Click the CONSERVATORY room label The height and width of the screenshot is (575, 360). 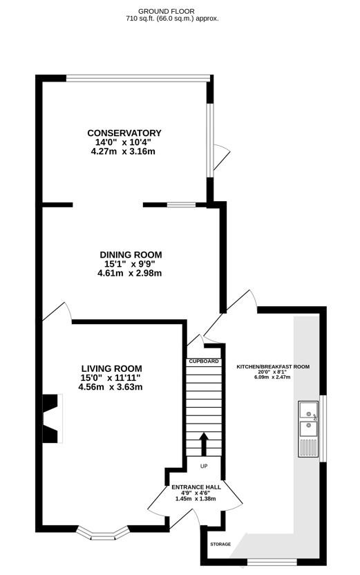[x=124, y=133]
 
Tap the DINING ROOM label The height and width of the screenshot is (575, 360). [x=131, y=254]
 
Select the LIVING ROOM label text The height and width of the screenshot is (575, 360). [x=111, y=368]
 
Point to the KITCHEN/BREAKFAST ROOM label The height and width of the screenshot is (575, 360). [x=273, y=367]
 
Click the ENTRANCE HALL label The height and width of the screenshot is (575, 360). [x=196, y=487]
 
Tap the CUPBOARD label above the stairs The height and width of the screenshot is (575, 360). [x=204, y=361]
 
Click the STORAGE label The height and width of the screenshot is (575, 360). [x=220, y=544]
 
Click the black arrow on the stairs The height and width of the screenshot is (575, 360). [x=204, y=444]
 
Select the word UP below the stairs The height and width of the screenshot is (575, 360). [x=204, y=466]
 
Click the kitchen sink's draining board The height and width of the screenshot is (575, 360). [x=308, y=446]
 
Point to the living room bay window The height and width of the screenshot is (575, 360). [x=103, y=533]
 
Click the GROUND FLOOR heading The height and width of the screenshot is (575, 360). [x=167, y=12]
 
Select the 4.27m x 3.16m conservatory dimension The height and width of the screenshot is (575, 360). [x=123, y=151]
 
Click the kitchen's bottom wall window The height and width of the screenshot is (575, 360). [x=272, y=561]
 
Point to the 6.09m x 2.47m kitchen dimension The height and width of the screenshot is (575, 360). [x=272, y=377]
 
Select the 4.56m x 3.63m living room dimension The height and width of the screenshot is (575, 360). [x=111, y=386]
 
